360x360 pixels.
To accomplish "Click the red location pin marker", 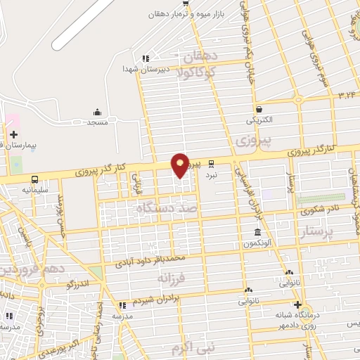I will [180, 165].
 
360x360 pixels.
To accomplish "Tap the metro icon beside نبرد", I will [211, 162].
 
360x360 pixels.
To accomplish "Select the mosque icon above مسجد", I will [97, 112].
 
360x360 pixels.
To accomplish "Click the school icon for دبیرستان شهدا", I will [146, 58].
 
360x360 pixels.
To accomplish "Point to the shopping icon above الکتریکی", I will [259, 109].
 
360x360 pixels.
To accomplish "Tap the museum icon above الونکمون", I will [258, 232].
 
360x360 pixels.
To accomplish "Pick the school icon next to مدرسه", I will [122, 306].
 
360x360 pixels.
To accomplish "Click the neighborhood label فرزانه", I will [172, 279].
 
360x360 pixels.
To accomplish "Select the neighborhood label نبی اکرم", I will [194, 347].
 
